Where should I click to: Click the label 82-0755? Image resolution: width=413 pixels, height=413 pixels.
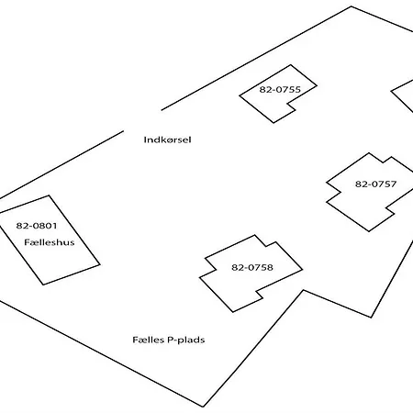tap(280, 89)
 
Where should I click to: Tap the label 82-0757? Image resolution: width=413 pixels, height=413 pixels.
tap(375, 184)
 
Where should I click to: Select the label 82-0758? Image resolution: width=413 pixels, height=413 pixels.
tap(252, 267)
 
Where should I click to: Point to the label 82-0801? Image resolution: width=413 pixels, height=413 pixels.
tap(37, 226)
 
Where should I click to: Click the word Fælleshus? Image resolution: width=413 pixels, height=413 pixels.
tap(50, 242)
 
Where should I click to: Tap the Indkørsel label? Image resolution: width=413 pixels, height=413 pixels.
tap(167, 140)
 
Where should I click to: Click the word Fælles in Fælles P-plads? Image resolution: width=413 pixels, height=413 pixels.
tap(149, 340)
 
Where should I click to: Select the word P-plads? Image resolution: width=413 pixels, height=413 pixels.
tap(186, 340)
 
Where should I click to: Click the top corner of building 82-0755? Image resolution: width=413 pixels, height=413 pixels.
tap(290, 65)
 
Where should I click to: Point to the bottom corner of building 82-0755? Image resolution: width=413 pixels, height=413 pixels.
tap(273, 123)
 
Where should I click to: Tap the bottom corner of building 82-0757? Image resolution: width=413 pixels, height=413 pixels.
tap(369, 231)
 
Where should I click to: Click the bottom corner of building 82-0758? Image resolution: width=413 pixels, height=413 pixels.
tap(233, 312)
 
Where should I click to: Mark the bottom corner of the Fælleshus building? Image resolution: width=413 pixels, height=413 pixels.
tap(43, 285)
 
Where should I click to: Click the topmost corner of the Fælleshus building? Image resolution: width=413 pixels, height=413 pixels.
tap(49, 195)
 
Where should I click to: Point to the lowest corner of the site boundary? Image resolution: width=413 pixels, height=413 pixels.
tap(203, 407)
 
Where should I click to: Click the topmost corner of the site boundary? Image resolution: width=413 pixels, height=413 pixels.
tap(351, 6)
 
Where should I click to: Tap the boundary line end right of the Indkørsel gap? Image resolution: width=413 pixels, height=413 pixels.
tap(162, 109)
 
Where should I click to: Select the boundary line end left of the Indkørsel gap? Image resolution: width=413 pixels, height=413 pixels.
tap(123, 131)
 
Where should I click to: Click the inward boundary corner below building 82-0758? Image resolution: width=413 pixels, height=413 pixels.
tap(304, 290)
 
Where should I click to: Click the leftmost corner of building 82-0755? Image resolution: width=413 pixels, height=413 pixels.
tap(240, 95)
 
